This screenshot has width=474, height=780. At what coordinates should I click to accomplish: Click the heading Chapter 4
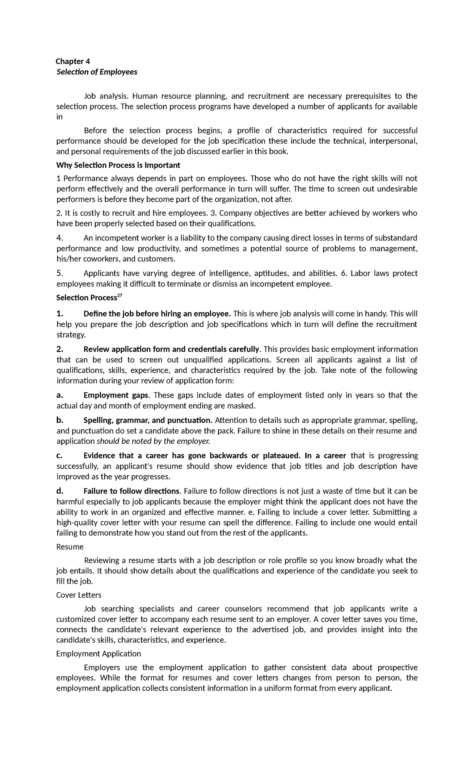(73, 61)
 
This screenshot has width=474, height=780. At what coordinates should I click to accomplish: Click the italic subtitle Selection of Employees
(97, 72)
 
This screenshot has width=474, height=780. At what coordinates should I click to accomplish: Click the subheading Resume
(70, 547)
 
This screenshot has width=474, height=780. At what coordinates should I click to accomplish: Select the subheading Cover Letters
(79, 595)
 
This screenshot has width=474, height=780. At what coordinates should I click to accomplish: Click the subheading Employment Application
(98, 654)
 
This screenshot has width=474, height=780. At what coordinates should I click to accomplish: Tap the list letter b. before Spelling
(60, 420)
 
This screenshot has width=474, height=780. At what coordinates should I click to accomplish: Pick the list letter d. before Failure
(60, 491)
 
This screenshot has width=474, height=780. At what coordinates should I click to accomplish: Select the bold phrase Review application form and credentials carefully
(171, 349)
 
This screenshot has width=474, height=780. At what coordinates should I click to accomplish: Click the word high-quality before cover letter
(77, 523)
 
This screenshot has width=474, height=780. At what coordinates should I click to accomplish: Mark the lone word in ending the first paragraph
(60, 117)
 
